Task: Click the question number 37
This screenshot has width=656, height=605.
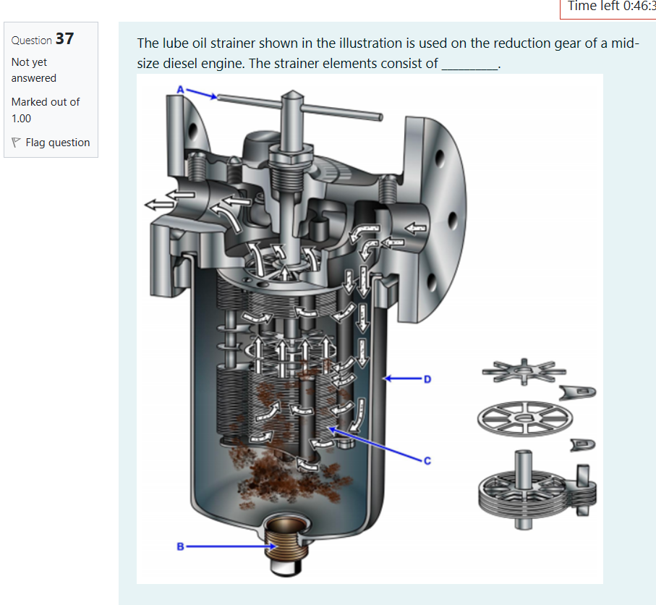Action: (64, 39)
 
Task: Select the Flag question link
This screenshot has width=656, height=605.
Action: (57, 143)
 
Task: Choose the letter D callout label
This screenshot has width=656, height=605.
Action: (427, 378)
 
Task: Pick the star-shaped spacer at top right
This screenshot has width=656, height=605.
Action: (522, 372)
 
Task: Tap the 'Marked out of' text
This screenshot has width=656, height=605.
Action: (45, 102)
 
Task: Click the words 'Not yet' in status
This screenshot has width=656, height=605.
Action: (29, 62)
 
